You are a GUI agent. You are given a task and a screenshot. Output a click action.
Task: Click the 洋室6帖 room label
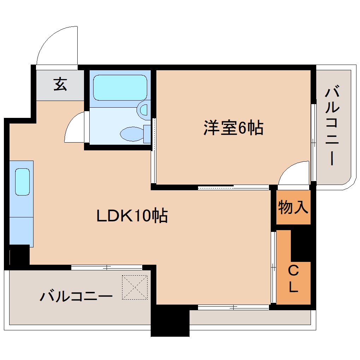coord(233,128)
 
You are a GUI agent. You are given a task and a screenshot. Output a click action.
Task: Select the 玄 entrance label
coord(60,85)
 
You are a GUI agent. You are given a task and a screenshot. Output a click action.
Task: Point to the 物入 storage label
coord(293,208)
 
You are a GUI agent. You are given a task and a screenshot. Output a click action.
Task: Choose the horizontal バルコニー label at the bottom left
coord(76,296)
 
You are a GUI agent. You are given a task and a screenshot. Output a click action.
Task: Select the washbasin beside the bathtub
coord(144,110)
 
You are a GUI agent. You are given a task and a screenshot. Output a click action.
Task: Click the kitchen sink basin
coord(22,182)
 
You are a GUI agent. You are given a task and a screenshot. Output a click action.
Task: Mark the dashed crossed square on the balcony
coord(134,287)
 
